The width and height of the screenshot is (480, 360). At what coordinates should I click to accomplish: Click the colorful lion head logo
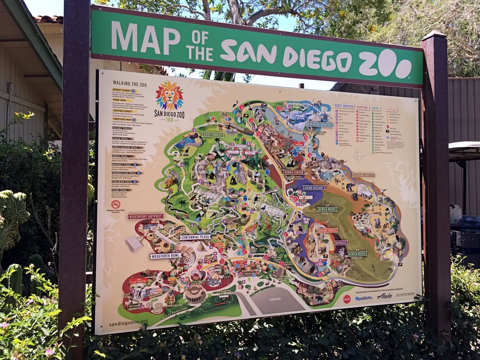tap(170, 96)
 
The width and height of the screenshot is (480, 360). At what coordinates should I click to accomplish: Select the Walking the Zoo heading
tap(130, 84)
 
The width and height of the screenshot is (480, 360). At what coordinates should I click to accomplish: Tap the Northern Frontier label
tap(319, 124)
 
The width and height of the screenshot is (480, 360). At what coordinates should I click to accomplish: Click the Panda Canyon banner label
tap(294, 172)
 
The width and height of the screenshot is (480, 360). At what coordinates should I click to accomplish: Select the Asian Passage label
tap(314, 188)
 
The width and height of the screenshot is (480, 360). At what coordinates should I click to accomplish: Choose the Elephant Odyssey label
tap(364, 175)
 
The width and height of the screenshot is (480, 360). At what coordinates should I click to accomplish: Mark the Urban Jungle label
tap(328, 230)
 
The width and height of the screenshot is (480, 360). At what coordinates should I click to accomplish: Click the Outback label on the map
tap(341, 242)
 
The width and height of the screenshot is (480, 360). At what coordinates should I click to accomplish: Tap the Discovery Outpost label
tap(146, 216)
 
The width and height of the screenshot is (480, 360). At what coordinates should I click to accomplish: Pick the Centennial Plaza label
tap(195, 237)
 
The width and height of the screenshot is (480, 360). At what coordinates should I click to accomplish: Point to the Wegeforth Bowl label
tap(166, 256)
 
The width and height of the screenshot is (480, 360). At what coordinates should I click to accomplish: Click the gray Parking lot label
tap(275, 299)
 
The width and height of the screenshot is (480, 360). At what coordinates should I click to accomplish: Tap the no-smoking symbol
tap(116, 204)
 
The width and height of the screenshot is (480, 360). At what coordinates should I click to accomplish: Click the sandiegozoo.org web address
tap(128, 322)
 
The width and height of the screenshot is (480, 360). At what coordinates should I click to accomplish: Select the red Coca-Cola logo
tap(346, 299)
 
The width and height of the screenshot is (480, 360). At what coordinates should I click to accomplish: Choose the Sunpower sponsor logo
tap(405, 294)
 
